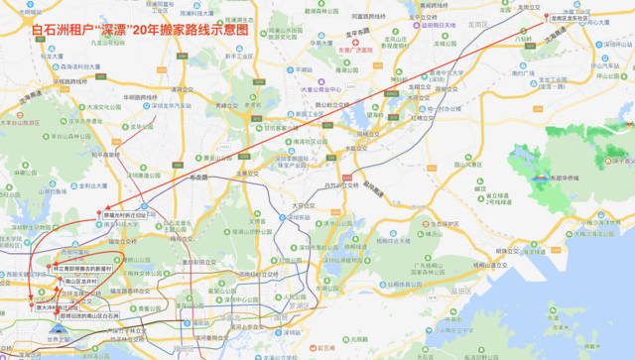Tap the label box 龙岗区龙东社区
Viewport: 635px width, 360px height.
click(573, 18)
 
